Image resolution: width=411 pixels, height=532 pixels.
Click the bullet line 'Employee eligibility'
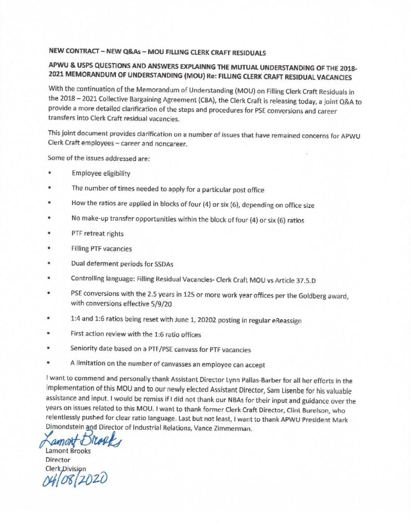click(101, 173)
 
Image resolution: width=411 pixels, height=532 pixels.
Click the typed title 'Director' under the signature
click(54, 459)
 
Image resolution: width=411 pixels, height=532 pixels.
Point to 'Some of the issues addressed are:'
click(98, 157)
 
